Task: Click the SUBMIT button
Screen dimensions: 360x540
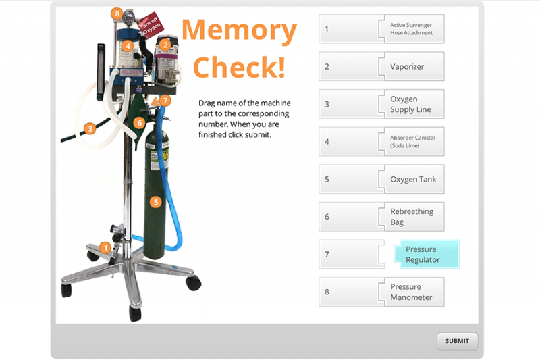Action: (457, 341)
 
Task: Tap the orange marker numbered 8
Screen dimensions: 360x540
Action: (117, 14)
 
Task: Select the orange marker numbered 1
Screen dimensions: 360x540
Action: (105, 247)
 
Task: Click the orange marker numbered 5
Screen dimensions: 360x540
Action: (156, 201)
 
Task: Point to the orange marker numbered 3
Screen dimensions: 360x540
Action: (89, 128)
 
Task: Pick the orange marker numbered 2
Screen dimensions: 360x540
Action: (165, 45)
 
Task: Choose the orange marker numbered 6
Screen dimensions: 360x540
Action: (139, 123)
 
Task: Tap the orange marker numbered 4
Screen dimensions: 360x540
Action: (127, 46)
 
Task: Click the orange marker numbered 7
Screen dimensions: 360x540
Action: (166, 101)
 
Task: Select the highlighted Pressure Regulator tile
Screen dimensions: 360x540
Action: (425, 255)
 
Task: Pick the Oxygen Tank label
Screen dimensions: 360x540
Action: (412, 180)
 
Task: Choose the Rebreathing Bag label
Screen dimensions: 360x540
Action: (411, 217)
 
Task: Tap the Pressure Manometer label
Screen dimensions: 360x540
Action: (411, 292)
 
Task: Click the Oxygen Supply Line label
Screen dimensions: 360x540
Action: (410, 104)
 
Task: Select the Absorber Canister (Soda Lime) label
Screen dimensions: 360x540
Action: (412, 142)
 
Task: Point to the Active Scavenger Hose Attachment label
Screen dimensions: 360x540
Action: (411, 28)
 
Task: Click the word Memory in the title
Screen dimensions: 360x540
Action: (239, 30)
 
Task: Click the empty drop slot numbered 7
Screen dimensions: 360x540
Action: (348, 255)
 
